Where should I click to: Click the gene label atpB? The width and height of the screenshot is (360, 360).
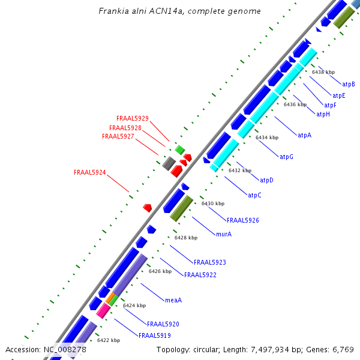(348, 84)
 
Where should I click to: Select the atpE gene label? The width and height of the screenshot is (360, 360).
(339, 95)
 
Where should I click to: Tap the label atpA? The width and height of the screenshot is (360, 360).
(305, 136)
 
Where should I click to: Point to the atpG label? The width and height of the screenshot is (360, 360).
(286, 157)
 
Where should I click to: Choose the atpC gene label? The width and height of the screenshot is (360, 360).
(254, 195)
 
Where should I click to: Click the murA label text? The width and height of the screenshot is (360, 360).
(223, 234)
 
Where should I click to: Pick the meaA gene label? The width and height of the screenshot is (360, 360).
(173, 300)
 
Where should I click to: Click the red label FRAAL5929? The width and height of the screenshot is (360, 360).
(133, 118)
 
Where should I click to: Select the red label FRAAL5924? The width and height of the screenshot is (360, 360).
(90, 172)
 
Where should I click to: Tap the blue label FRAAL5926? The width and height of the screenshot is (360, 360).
(243, 220)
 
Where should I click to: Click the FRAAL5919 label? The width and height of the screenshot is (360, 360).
(155, 335)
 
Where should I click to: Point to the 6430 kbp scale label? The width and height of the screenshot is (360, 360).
(212, 204)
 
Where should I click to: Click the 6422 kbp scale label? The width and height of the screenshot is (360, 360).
(109, 340)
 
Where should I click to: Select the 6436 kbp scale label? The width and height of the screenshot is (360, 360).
(295, 104)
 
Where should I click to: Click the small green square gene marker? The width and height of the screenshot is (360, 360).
(179, 149)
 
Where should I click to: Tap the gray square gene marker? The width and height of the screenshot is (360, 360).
(169, 163)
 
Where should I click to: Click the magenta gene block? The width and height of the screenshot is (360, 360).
(103, 310)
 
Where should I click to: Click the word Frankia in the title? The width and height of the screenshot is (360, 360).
(113, 11)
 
